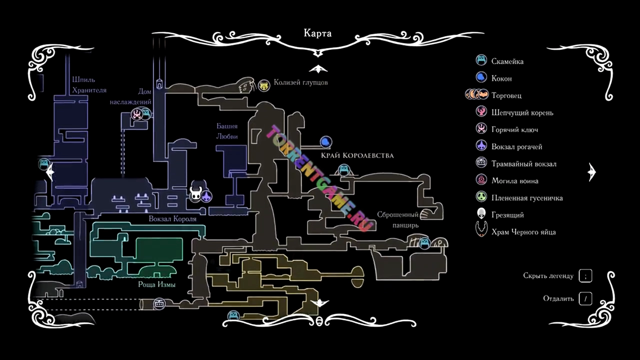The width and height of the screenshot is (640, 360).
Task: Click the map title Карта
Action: click(317, 33)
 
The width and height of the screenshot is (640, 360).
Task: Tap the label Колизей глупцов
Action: click(300, 82)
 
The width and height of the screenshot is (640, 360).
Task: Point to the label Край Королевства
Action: click(357, 155)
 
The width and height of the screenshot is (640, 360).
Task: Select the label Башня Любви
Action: click(227, 131)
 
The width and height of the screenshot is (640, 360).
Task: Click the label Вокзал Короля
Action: click(172, 219)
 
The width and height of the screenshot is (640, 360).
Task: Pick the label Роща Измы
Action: click(156, 284)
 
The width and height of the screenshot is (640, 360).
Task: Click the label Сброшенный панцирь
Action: click(397, 220)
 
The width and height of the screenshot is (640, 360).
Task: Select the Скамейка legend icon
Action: click(481, 61)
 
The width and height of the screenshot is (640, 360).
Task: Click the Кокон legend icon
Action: click(481, 78)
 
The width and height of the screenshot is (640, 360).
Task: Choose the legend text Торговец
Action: click(506, 95)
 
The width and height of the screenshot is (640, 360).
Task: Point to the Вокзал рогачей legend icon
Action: click(481, 146)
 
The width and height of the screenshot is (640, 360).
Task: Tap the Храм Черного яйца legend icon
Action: click(481, 231)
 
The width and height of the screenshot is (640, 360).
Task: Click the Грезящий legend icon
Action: click(481, 214)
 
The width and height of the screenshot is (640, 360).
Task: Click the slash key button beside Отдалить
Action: click(585, 299)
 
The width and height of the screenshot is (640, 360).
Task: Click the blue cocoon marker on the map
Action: click(326, 142)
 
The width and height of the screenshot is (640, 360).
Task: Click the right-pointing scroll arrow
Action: click(592, 172)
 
